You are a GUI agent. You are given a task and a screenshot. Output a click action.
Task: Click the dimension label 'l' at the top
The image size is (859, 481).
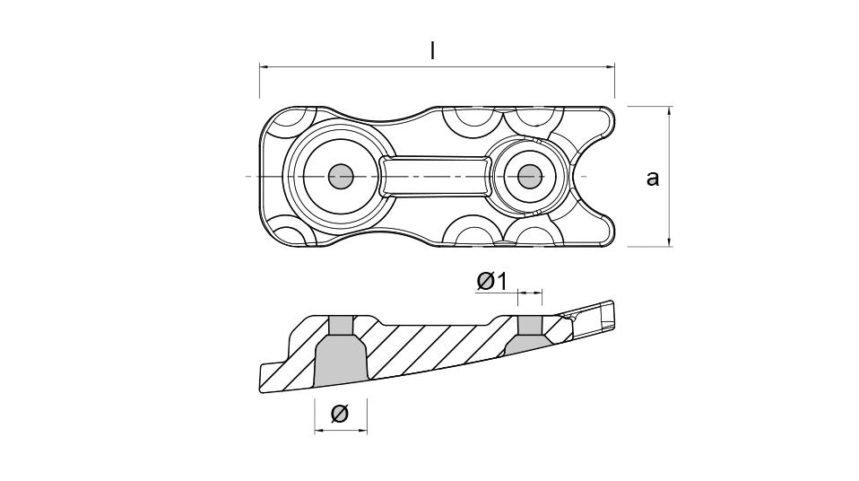(x=433, y=51)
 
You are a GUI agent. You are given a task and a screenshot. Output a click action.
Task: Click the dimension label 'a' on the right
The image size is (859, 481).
(x=653, y=178)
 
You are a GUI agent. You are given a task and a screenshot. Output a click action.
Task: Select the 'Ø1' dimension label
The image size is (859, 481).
(x=492, y=281)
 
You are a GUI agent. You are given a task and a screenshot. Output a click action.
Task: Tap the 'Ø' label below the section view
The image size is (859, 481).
(x=339, y=413)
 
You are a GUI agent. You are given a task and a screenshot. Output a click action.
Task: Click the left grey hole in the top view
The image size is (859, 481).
(x=340, y=177)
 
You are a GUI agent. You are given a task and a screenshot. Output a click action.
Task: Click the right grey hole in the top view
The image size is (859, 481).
(x=529, y=177)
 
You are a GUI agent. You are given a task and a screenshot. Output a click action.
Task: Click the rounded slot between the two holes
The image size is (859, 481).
(x=435, y=176)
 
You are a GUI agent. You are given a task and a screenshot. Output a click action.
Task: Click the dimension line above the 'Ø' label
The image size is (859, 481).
(x=341, y=431)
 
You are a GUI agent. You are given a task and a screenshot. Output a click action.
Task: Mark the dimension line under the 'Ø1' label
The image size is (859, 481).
(x=530, y=293)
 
